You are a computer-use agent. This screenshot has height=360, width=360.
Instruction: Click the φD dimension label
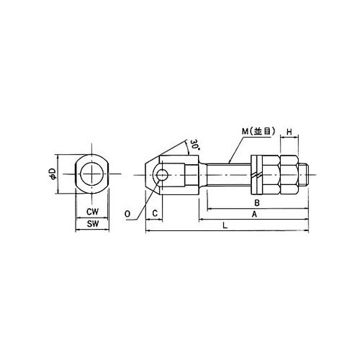tap(53, 174)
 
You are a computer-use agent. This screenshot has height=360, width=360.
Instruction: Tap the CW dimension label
tap(92, 212)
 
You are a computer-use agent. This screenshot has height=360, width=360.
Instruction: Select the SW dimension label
tap(93, 224)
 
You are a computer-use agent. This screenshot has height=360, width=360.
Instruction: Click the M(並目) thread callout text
tap(258, 131)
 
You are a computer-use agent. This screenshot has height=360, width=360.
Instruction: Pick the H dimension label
tap(289, 132)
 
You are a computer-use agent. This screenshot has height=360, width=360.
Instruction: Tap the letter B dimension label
tap(257, 203)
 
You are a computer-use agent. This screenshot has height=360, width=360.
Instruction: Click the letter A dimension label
tap(254, 214)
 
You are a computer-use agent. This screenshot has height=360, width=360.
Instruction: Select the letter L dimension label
tap(225, 225)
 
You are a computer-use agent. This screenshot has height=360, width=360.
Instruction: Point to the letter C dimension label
tap(155, 213)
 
